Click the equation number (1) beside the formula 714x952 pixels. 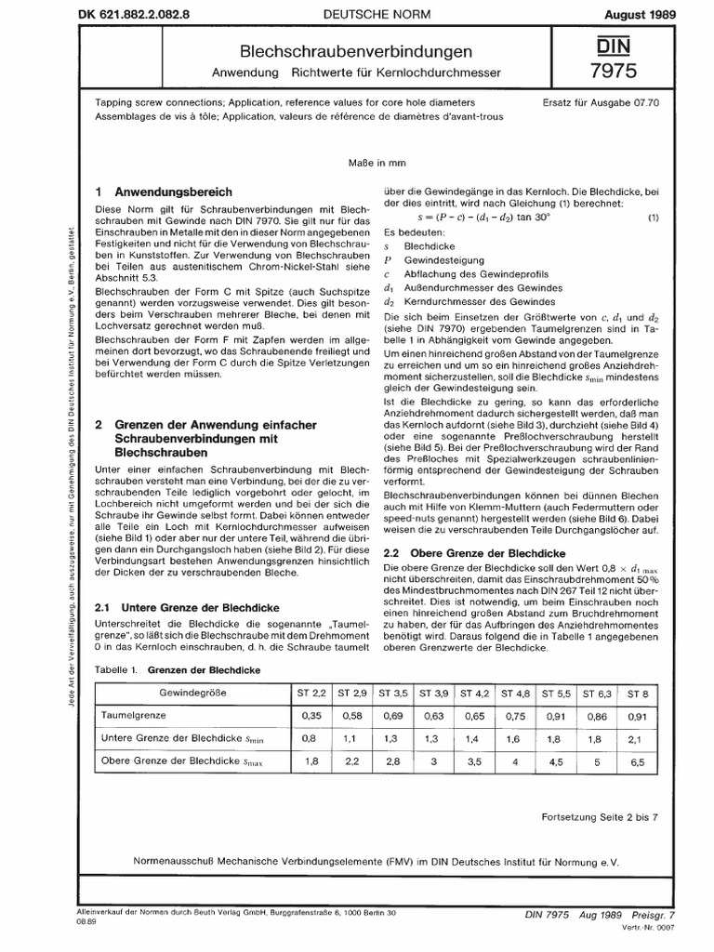(653, 218)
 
